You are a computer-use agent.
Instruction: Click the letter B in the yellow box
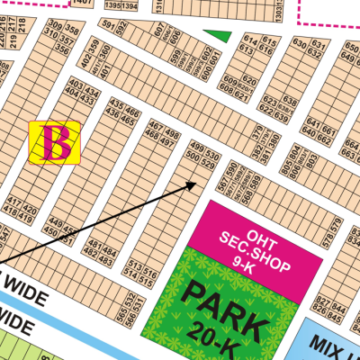click(58, 142)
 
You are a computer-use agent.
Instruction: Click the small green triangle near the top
click(215, 37)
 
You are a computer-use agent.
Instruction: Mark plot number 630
click(300, 42)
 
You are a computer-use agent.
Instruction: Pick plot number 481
click(89, 242)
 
